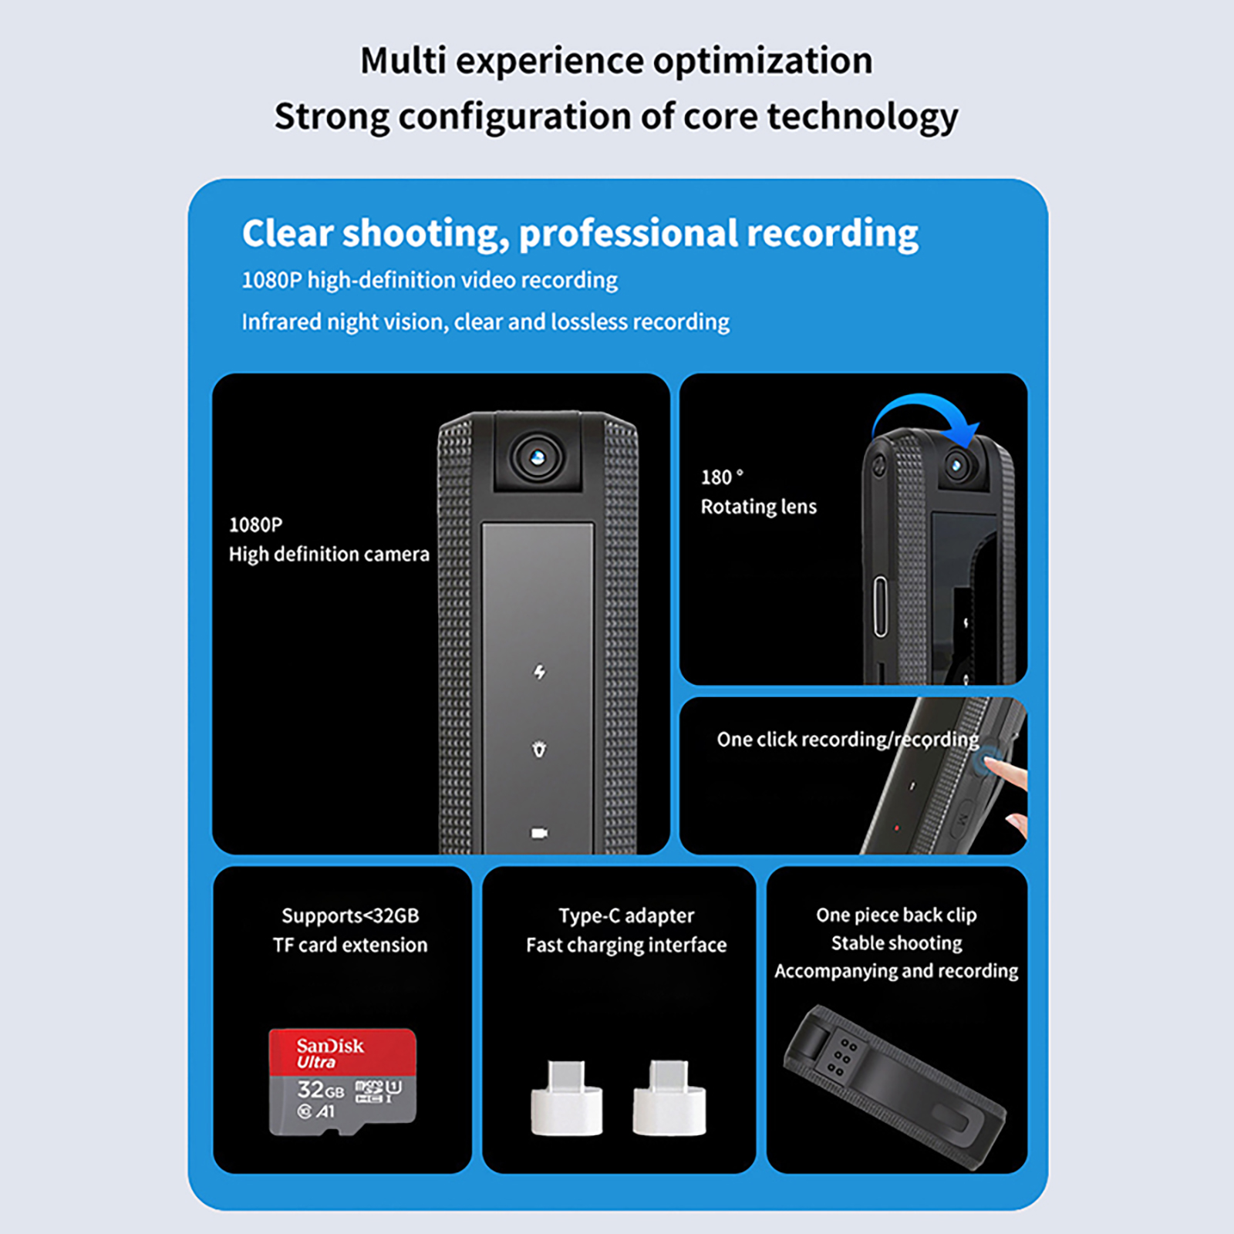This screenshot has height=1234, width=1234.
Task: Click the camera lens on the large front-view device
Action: point(538,458)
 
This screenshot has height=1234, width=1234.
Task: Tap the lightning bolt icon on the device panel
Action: point(540,673)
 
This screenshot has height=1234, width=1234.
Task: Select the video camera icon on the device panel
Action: point(539,833)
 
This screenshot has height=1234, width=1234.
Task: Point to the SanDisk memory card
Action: point(342,1081)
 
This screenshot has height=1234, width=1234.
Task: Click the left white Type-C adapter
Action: point(567,1098)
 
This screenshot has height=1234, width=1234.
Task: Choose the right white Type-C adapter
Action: point(669,1098)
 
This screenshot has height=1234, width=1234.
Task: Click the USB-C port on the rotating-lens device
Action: point(881,606)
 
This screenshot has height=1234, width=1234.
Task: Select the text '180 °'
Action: point(722,477)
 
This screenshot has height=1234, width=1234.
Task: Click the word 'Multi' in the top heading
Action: point(403,61)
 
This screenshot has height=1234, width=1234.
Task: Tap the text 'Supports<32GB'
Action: point(350,915)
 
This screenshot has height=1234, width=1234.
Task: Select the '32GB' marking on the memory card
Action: point(321,1090)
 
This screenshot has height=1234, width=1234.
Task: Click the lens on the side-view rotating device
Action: point(958,465)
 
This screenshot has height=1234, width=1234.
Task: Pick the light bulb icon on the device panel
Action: point(540,749)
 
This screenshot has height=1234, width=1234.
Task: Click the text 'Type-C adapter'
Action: point(626,915)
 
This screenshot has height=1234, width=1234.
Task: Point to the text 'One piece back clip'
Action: point(896,915)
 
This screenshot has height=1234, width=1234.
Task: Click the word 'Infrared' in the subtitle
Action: point(282,322)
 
